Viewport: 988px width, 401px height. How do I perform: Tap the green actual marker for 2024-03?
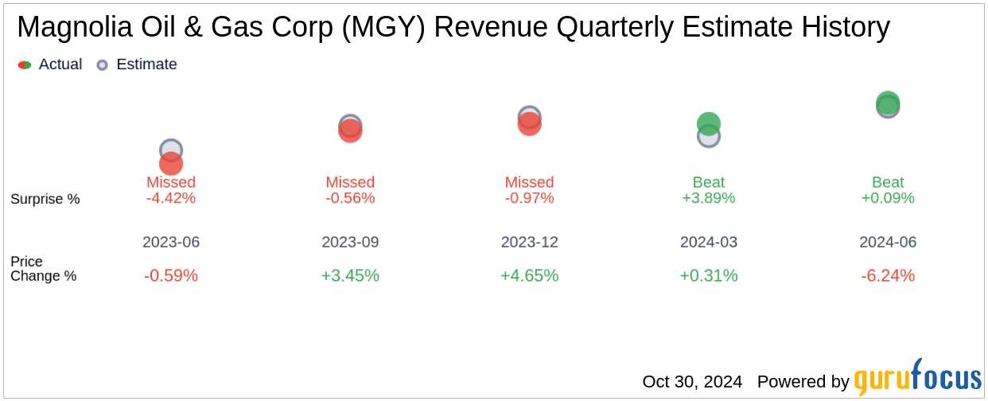(x=709, y=123)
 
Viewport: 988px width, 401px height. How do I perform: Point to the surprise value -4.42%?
(x=171, y=198)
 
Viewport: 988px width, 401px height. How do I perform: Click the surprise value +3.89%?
(x=709, y=198)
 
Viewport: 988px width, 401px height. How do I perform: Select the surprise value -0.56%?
(x=350, y=198)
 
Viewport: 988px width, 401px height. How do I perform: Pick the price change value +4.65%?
(x=529, y=275)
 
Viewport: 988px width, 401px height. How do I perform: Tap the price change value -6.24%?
(x=888, y=275)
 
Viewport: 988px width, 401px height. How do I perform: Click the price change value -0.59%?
(x=171, y=275)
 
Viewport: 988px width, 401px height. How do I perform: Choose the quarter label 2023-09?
(x=350, y=242)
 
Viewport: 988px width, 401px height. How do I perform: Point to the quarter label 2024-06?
(x=888, y=242)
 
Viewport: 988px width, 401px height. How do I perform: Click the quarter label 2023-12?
(x=529, y=242)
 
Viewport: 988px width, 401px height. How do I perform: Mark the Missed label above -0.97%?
(x=529, y=182)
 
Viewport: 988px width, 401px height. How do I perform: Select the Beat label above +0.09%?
(x=888, y=182)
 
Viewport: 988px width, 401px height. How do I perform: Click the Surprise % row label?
(x=45, y=199)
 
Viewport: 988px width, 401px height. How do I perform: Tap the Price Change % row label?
(x=44, y=269)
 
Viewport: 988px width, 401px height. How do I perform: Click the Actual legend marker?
(x=25, y=64)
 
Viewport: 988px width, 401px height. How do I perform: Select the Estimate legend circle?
(x=102, y=64)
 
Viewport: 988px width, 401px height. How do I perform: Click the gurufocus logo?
(x=917, y=378)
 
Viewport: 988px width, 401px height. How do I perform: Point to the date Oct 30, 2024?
(x=692, y=382)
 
